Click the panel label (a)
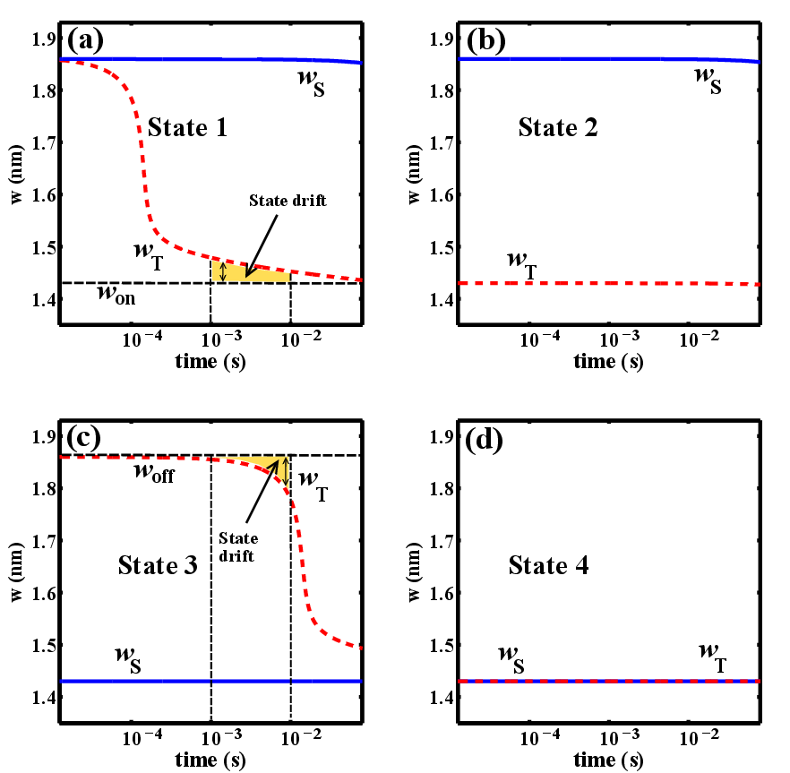point(86,39)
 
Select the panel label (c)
point(86,439)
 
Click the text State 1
point(187,127)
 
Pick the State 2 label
point(557,127)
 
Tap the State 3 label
point(156,565)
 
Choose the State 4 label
point(548,565)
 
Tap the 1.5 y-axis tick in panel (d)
point(443,645)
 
